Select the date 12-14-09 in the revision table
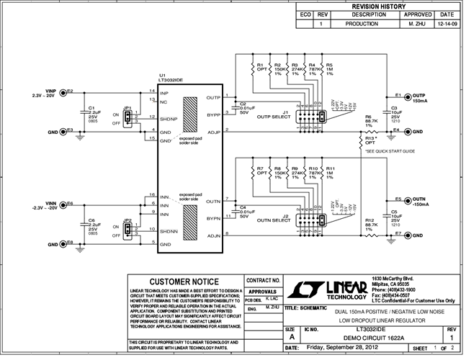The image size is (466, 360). tap(446, 23)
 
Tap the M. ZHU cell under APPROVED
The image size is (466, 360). tap(418, 23)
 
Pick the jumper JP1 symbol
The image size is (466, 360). tap(127, 118)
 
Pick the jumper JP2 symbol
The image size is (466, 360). tap(127, 230)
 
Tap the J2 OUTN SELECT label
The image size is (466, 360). tap(292, 218)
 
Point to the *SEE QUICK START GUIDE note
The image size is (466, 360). tap(390, 151)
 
